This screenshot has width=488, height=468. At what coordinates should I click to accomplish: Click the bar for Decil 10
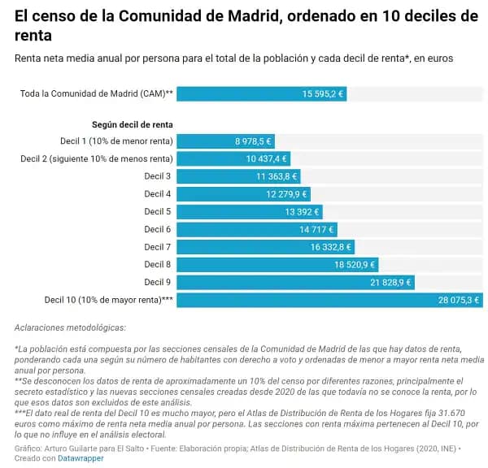(329, 300)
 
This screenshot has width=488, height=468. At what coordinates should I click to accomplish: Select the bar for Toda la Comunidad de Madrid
(262, 93)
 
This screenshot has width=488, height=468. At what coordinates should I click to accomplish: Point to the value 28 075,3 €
(460, 300)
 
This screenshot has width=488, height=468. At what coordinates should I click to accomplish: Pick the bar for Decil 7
(265, 247)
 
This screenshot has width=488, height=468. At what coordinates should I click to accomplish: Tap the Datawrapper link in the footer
(81, 458)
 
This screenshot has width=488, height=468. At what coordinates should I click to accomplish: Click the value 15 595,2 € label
(323, 93)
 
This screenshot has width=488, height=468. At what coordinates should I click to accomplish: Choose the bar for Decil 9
(295, 282)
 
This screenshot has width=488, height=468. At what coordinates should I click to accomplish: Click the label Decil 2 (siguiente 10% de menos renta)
(96, 158)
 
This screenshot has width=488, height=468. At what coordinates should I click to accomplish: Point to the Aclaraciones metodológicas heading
(70, 327)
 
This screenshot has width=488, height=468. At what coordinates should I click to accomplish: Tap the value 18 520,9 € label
(354, 264)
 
